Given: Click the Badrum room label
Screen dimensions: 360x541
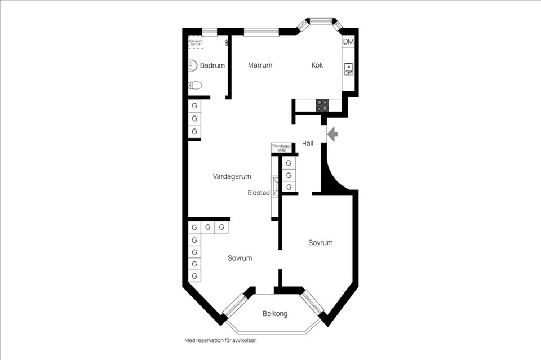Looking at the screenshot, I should pyautogui.click(x=212, y=66).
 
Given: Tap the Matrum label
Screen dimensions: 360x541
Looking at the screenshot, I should pyautogui.click(x=260, y=65).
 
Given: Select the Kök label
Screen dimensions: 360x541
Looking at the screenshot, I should pyautogui.click(x=317, y=65).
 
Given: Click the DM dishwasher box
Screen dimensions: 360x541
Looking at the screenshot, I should pyautogui.click(x=348, y=42).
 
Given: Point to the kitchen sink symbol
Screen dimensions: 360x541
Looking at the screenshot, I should pyautogui.click(x=349, y=69).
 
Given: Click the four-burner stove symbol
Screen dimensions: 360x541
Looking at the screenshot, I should pyautogui.click(x=322, y=105).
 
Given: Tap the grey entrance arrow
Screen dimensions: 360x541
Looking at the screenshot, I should pyautogui.click(x=332, y=134).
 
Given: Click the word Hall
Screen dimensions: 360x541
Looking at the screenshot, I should pyautogui.click(x=308, y=144).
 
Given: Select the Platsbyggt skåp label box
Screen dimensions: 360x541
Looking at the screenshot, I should pyautogui.click(x=281, y=148).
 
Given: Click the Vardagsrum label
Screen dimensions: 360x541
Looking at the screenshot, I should pyautogui.click(x=232, y=176).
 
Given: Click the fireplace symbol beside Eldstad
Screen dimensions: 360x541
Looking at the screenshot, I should pyautogui.click(x=275, y=186).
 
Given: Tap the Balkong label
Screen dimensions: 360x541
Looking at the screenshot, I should pyautogui.click(x=275, y=314).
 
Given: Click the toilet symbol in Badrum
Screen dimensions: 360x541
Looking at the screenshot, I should pyautogui.click(x=195, y=86).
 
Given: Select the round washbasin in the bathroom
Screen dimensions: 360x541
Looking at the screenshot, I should pyautogui.click(x=192, y=65).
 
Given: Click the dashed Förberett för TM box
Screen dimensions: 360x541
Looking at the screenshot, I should pyautogui.click(x=196, y=42).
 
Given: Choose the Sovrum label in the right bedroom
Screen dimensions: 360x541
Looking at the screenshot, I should pyautogui.click(x=320, y=243).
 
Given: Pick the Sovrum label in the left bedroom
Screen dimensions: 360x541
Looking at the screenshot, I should pyautogui.click(x=240, y=258).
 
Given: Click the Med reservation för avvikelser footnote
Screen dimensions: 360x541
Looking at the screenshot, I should pyautogui.click(x=224, y=340).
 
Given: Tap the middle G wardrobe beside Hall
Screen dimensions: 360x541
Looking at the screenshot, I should pyautogui.click(x=289, y=175).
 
